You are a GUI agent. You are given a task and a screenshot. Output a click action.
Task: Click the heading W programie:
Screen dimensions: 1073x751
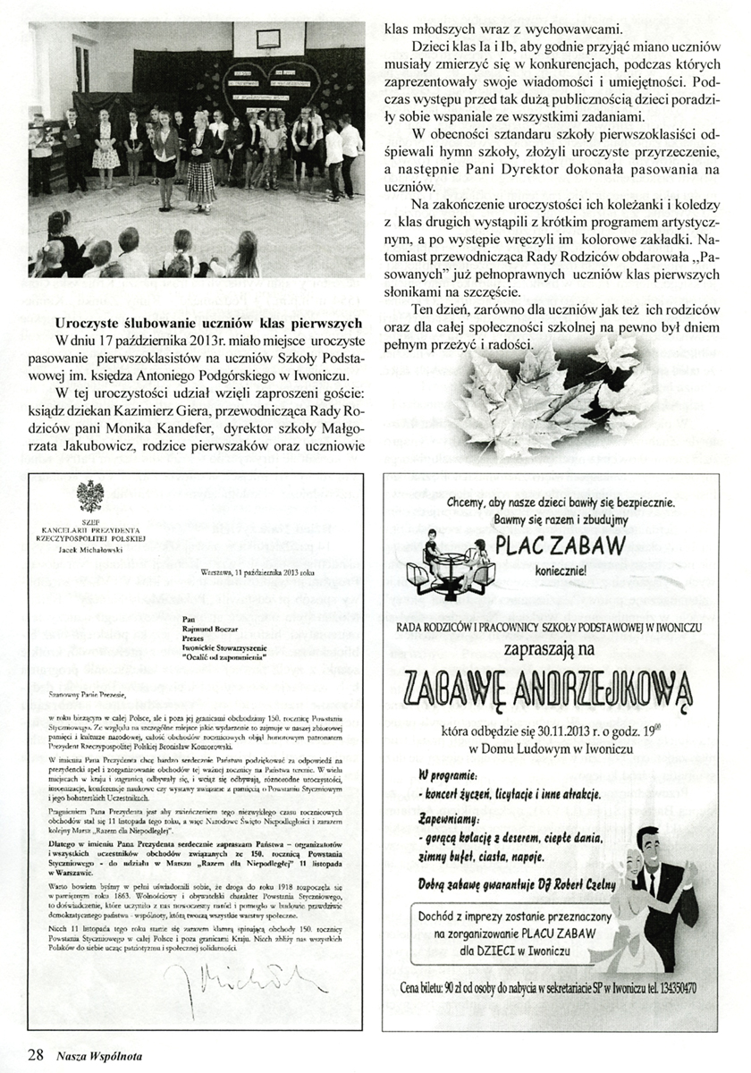point(448,773)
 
